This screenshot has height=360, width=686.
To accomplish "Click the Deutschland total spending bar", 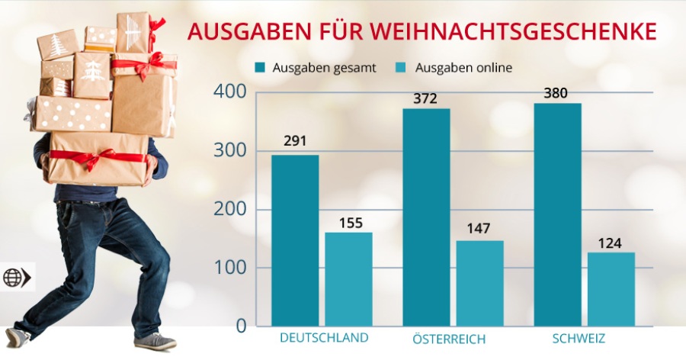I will pos(295,240).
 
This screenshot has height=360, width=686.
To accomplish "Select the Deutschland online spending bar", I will pos(348,279).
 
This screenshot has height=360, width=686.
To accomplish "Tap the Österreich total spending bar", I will pos(426,217).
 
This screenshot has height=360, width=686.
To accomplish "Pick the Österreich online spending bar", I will pos(479,283).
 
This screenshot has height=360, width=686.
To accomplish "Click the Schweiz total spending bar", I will pos(557,214).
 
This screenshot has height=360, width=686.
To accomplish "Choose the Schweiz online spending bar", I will pos(611,289).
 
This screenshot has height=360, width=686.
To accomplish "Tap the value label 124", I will pos(611,243).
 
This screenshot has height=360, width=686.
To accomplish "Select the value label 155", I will pos(348,223).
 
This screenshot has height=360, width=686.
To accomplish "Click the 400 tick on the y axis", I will pos(229,92).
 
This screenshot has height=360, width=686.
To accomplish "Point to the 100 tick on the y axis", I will pos(229,268).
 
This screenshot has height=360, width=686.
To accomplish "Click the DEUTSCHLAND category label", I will pos(324,337).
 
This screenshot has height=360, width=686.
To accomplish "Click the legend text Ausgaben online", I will pos(463,67).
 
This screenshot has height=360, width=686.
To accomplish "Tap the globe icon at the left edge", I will pos(13,278).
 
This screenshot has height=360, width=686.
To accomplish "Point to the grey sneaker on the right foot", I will pos(155,340).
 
